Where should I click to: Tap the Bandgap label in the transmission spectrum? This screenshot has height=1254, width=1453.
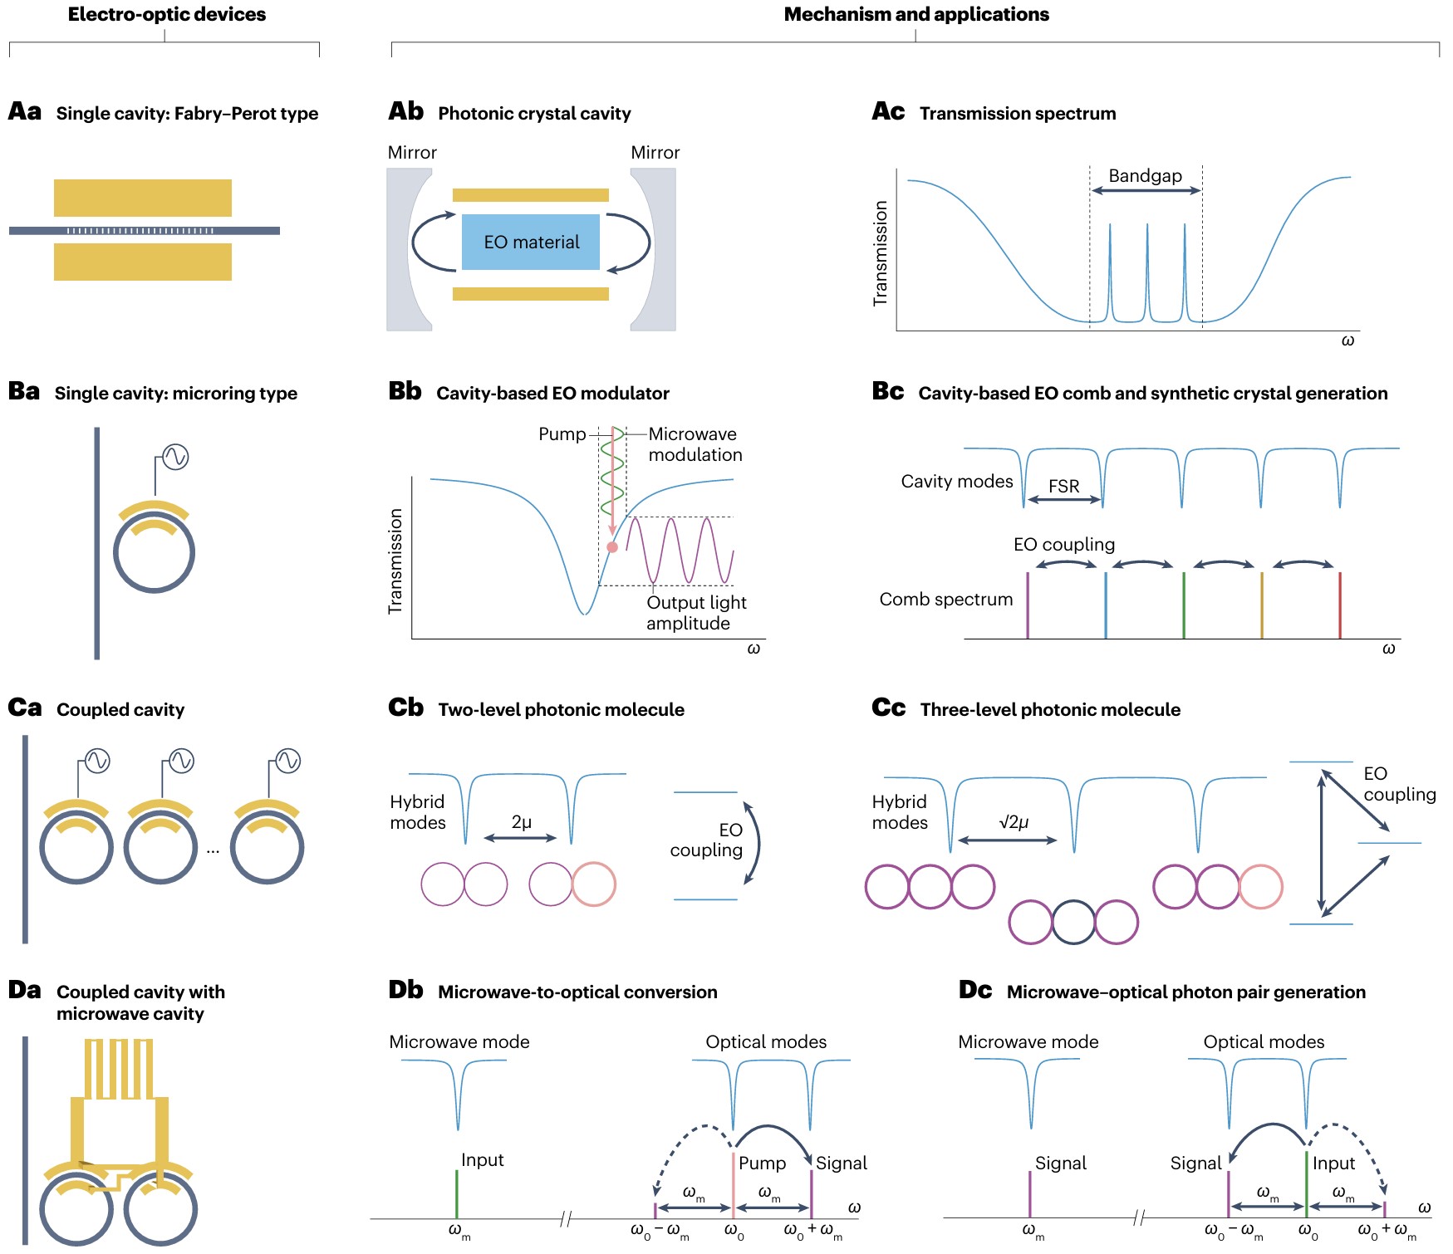[1145, 175]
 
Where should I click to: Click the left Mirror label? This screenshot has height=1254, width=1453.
[412, 153]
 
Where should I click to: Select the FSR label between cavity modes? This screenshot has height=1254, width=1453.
[1063, 486]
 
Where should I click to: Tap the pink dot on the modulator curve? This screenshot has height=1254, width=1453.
[612, 547]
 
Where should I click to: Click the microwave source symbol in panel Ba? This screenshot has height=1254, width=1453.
[175, 457]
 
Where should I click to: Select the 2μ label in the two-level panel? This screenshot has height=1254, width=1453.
[521, 822]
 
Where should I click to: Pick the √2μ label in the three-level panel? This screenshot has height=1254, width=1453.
[1014, 822]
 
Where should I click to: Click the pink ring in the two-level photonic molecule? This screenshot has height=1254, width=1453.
[594, 884]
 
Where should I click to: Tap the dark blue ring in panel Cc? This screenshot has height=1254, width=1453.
[1073, 922]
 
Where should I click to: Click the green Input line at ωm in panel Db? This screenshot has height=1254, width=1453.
[457, 1194]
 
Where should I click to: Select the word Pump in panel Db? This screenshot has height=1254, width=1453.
[762, 1163]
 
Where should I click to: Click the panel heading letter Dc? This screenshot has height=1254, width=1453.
[974, 990]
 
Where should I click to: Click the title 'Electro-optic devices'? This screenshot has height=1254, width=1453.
[167, 14]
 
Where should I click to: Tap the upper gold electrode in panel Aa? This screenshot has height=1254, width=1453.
[143, 198]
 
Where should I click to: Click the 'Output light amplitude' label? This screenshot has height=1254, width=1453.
[696, 613]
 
